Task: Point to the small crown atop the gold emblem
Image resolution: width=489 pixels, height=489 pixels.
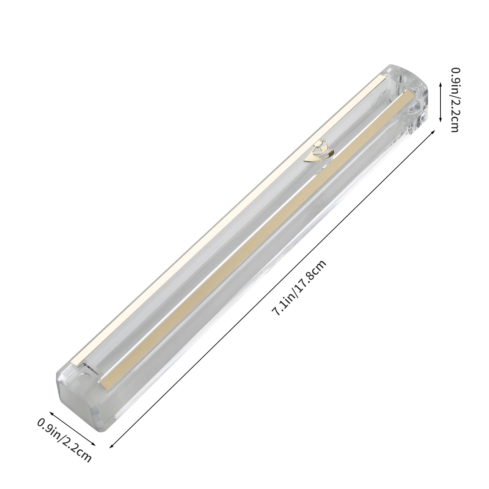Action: (322, 141)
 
